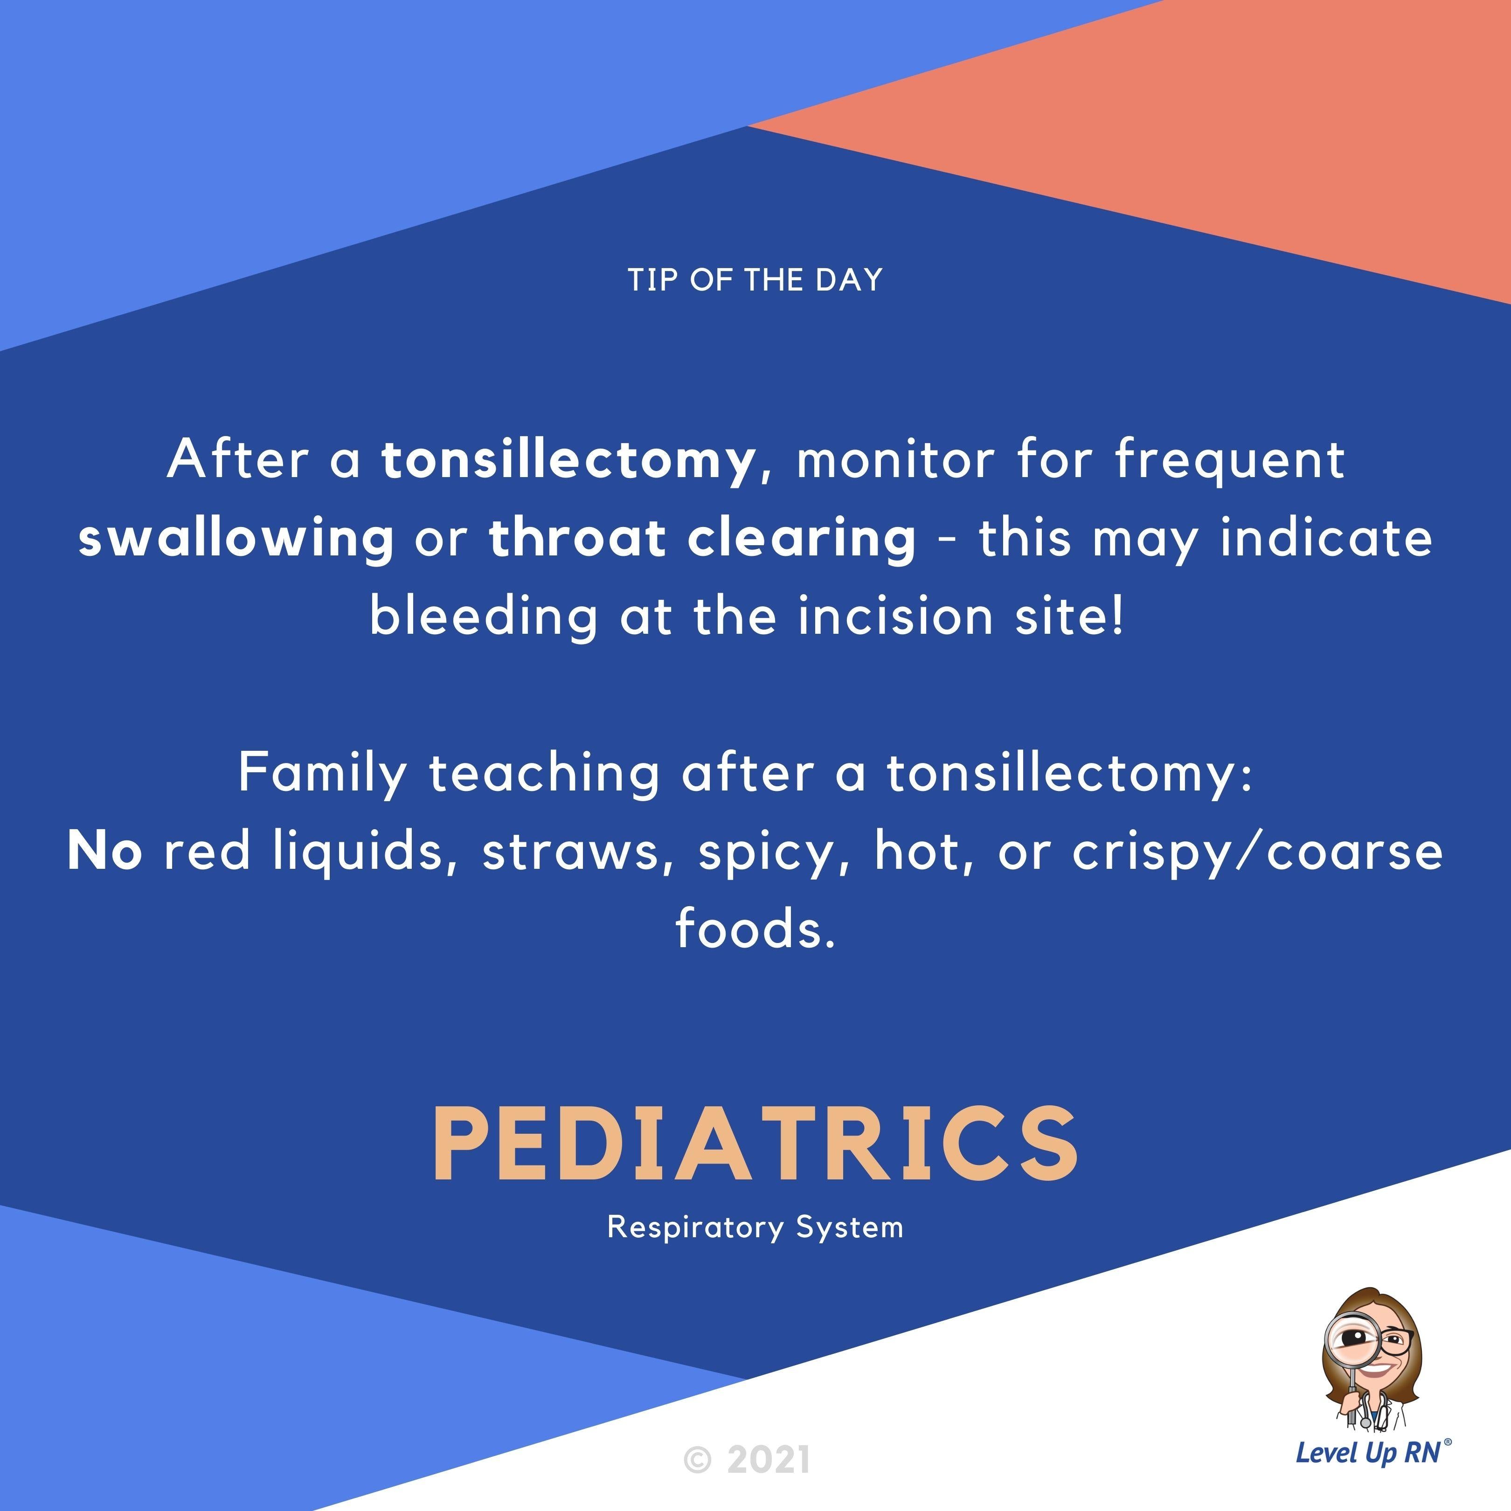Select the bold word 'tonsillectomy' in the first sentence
568,460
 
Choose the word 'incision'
895,616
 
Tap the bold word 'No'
105,851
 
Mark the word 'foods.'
755,929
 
